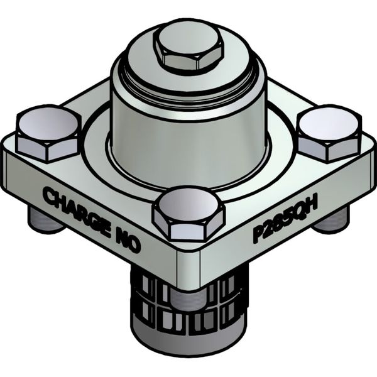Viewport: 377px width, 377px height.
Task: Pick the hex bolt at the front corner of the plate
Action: coord(188,214)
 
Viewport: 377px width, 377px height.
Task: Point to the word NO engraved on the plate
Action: coord(125,238)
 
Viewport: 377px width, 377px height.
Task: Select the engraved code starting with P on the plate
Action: coord(285,217)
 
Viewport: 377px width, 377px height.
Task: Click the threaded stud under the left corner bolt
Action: coord(43,220)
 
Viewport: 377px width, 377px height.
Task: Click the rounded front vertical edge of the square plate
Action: coord(188,270)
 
